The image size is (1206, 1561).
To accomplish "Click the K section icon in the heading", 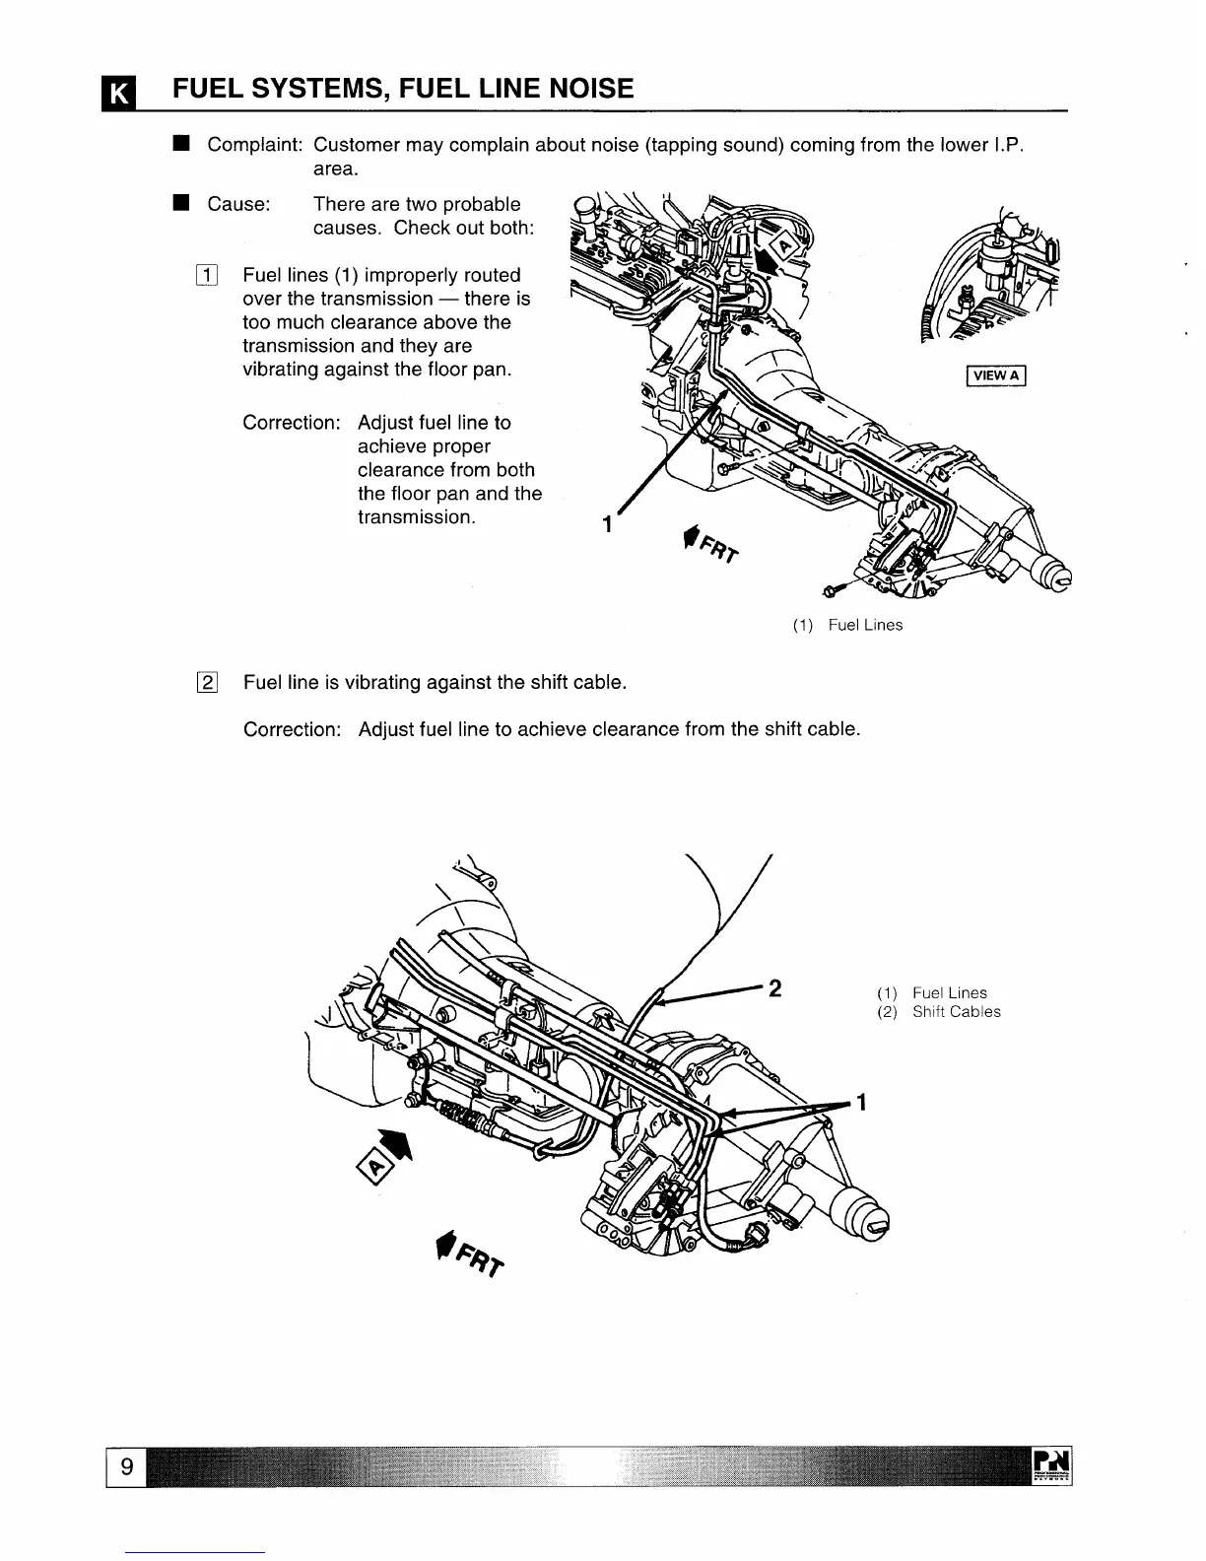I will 117,94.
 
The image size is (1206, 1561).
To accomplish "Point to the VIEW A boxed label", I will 996,374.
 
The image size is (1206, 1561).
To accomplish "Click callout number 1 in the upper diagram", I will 609,524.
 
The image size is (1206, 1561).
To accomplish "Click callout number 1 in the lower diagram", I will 861,1102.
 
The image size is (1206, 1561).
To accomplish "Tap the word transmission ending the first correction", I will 416,517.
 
